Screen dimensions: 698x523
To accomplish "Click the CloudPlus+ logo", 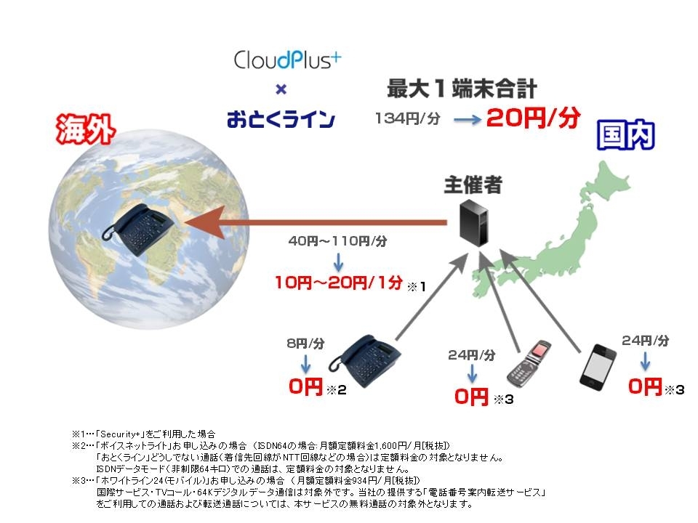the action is (287, 60).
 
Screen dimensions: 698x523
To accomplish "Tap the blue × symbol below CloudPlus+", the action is (281, 90).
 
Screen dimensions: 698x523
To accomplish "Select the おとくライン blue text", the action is (281, 119).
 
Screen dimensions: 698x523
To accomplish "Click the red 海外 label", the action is (86, 129).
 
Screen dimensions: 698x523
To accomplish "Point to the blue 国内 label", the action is (625, 135).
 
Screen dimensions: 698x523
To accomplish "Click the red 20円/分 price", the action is (533, 118).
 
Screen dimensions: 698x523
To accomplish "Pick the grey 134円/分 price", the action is (408, 118).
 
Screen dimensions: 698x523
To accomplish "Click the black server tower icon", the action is (473, 222).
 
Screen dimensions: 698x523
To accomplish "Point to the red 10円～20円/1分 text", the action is (338, 283).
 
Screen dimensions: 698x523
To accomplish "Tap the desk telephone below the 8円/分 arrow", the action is (365, 361).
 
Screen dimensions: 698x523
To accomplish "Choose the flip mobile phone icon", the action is (529, 364).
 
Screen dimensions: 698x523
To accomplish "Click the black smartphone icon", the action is (598, 365).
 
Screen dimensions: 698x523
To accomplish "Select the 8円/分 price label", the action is (305, 344).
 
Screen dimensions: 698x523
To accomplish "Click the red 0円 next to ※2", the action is (305, 386).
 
